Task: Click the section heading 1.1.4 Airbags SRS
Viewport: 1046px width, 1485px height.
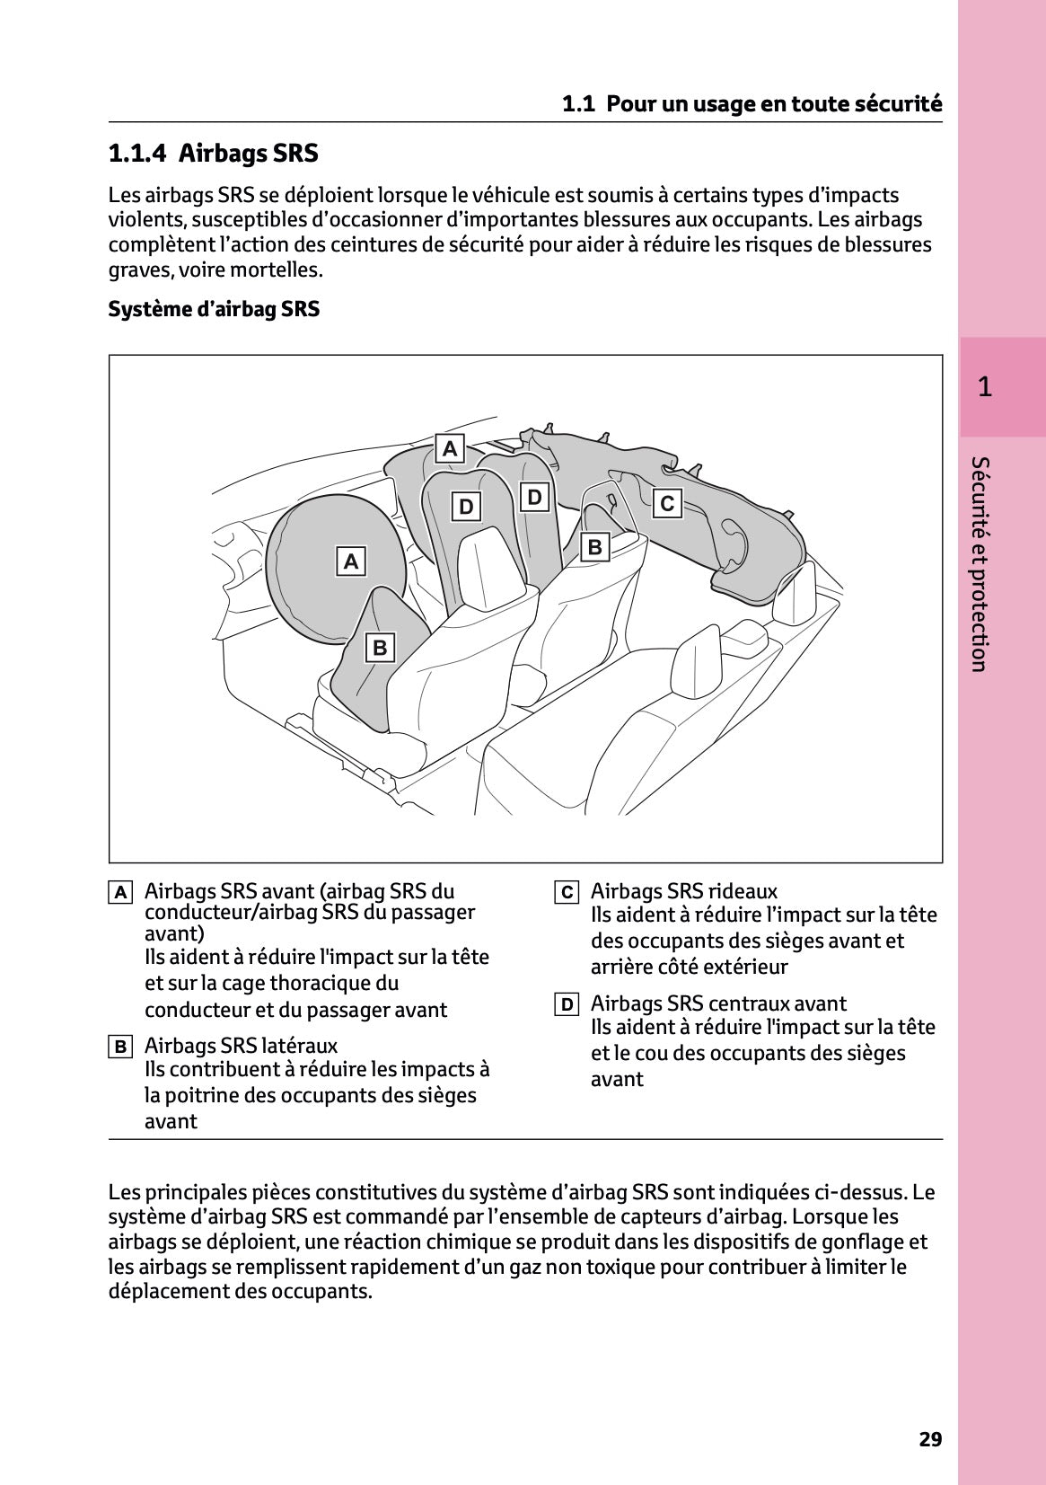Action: tap(213, 154)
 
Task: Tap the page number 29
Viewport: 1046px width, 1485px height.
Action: tap(930, 1439)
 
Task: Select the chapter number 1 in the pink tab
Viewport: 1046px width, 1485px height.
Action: tap(984, 387)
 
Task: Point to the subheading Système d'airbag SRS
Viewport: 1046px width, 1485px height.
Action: tap(214, 309)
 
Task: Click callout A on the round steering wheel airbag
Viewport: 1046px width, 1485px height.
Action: tap(351, 561)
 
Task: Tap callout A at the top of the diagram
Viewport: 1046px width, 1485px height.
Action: tap(450, 448)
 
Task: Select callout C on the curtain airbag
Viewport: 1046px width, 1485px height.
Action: tap(666, 503)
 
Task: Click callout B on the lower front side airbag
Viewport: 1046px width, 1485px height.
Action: tap(380, 647)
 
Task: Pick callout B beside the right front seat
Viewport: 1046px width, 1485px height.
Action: tap(594, 547)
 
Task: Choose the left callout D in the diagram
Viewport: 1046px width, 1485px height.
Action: tap(466, 507)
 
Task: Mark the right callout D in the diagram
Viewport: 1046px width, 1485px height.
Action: tap(534, 497)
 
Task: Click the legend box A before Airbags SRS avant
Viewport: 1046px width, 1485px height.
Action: tap(120, 893)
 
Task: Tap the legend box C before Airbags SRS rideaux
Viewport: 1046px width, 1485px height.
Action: tap(566, 893)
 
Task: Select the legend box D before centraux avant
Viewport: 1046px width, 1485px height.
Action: tap(566, 1004)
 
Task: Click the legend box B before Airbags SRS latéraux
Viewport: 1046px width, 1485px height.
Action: tap(120, 1047)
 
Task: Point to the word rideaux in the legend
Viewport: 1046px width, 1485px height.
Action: tap(742, 891)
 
